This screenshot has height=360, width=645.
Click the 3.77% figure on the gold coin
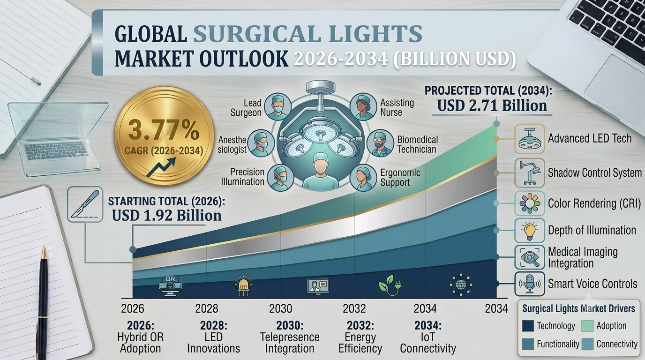click(x=164, y=130)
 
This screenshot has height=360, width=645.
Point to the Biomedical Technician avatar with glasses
click(x=380, y=143)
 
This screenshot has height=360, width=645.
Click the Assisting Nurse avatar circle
click(x=363, y=106)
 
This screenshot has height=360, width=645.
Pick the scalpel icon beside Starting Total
click(x=85, y=204)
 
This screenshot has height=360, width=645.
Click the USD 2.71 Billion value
click(x=492, y=105)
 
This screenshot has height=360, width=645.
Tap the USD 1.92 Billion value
click(x=167, y=216)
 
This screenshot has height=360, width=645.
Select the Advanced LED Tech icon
click(x=530, y=139)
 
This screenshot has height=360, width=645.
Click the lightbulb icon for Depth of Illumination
click(x=530, y=231)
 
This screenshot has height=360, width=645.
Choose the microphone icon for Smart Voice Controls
click(x=530, y=284)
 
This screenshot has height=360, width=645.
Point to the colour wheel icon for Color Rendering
click(x=530, y=203)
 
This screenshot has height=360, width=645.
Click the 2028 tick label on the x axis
click(x=207, y=309)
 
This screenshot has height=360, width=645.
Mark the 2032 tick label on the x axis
click(x=354, y=309)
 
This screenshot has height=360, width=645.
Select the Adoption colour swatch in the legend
click(x=587, y=326)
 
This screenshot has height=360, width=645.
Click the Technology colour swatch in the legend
click(x=528, y=326)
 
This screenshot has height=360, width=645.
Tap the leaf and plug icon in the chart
click(x=390, y=285)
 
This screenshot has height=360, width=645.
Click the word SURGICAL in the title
click(x=257, y=34)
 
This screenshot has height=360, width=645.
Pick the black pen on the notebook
click(x=43, y=302)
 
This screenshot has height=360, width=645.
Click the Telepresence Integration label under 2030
click(x=290, y=343)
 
